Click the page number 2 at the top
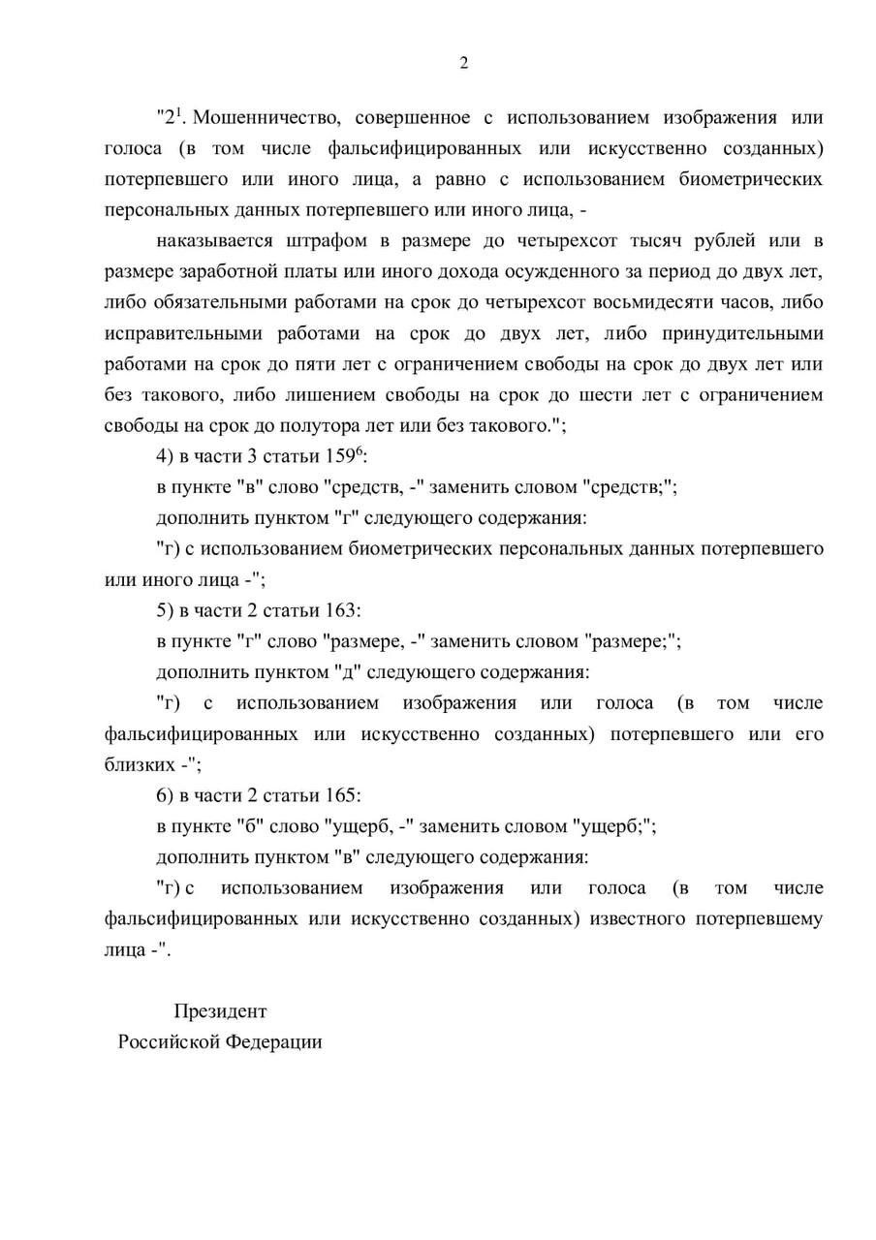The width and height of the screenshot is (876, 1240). [463, 64]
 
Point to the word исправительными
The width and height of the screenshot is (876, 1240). [182, 333]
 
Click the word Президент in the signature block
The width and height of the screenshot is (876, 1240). [220, 1011]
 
